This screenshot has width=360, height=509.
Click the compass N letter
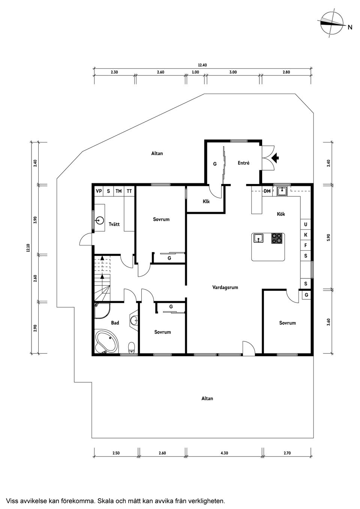[350, 27]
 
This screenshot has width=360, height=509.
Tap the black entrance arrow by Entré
[275, 158]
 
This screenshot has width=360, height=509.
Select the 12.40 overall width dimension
[202, 65]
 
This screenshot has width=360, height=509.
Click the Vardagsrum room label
[225, 287]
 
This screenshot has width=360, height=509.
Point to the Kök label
[281, 214]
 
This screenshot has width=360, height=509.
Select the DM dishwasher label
[267, 191]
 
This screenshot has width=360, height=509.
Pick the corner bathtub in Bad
[106, 342]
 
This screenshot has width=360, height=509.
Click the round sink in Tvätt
[99, 220]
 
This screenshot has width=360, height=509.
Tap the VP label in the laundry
[99, 191]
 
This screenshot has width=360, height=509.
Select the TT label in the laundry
[129, 191]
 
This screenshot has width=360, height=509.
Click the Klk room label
[206, 201]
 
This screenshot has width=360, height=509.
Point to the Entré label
[244, 163]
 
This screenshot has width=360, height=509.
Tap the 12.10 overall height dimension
[28, 248]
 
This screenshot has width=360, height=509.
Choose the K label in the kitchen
[306, 235]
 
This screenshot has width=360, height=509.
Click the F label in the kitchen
[306, 245]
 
